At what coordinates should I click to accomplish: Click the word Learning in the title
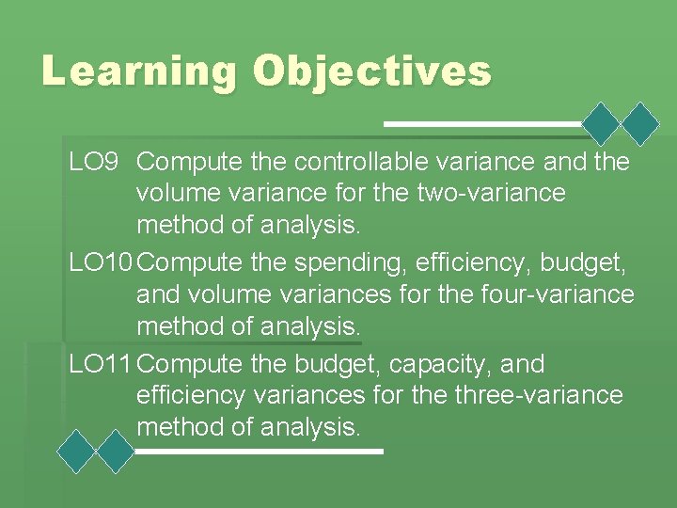[138, 72]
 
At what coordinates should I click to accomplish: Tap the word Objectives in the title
[372, 72]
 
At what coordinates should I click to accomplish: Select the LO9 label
[93, 162]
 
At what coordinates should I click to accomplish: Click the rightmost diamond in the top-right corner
[642, 123]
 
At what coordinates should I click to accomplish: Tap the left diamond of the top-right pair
[602, 123]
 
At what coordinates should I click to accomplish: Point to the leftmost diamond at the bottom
[76, 451]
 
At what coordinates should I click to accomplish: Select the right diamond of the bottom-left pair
[117, 451]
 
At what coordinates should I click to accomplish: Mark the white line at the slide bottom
[259, 452]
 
